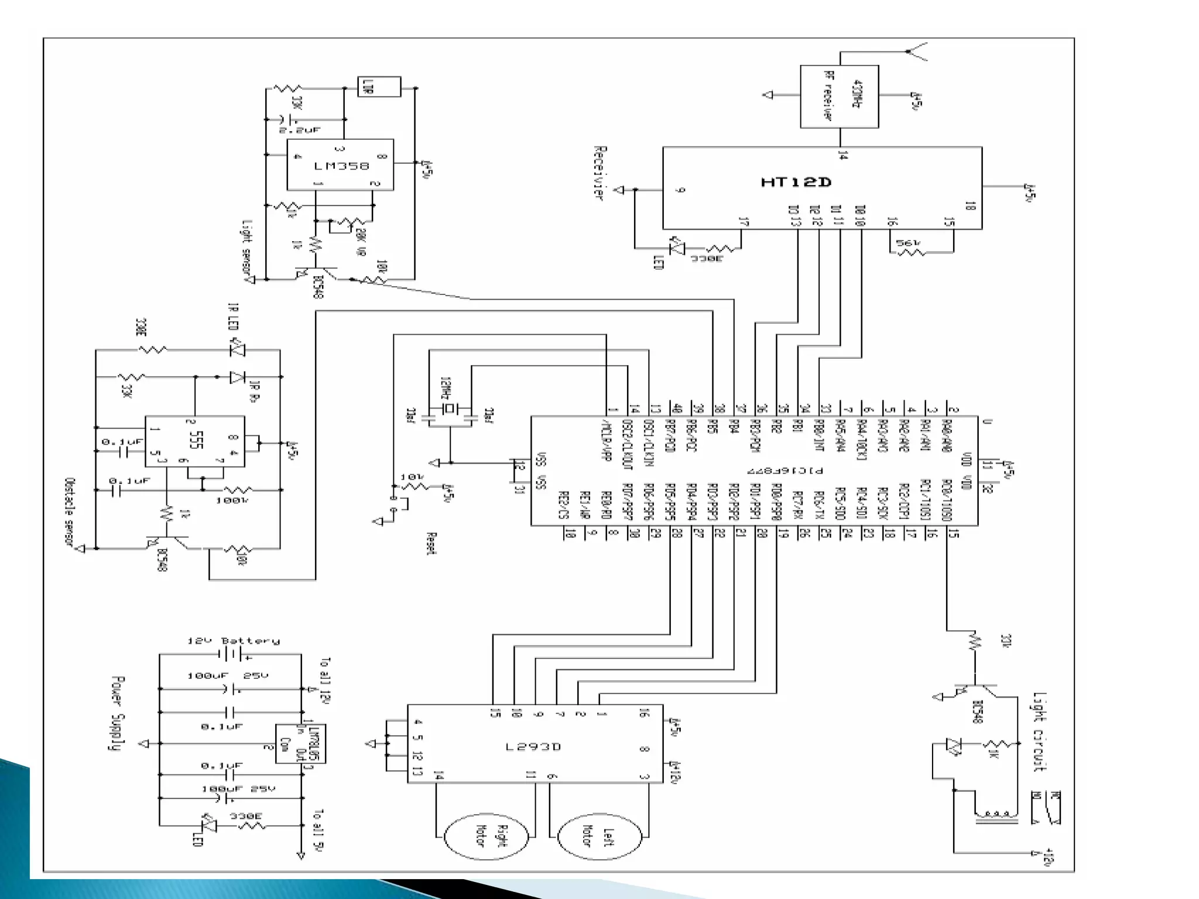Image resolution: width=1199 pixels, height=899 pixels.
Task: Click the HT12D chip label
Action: coord(796,182)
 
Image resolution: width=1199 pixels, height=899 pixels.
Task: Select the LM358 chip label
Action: coord(341,166)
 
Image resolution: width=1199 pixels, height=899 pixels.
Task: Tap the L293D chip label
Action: coord(533,747)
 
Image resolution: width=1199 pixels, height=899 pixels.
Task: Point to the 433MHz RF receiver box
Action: coord(839,97)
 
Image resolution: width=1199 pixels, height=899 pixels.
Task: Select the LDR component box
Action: coord(379,87)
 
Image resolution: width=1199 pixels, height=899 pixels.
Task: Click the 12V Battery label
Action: coord(234,641)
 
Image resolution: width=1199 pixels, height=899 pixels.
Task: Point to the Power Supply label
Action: coord(118,713)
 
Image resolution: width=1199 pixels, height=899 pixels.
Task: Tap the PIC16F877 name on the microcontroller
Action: coord(785,471)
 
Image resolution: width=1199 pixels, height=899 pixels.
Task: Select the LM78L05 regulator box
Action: coord(300,743)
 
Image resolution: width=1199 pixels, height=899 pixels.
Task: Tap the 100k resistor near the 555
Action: coord(239,490)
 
